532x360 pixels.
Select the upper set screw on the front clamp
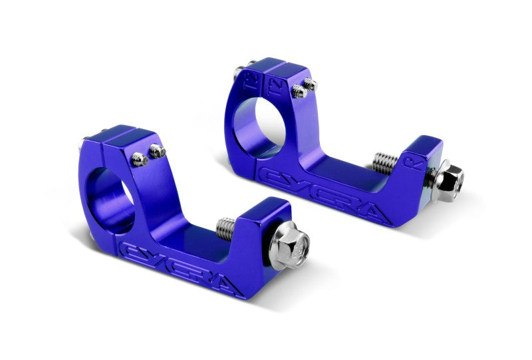coord(158,151)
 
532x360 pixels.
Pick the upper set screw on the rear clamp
coord(311,83)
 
